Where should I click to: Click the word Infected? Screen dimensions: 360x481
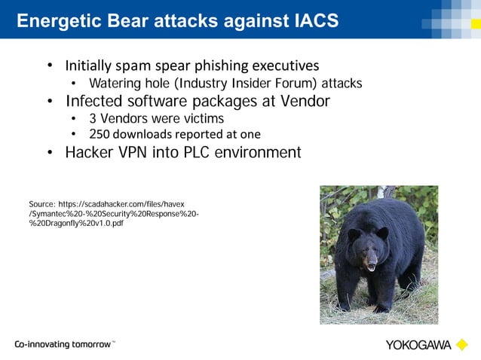coord(93,100)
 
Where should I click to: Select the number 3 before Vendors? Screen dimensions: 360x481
coord(93,118)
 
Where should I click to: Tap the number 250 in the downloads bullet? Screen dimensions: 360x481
coord(100,135)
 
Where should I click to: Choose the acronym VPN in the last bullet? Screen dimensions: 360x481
coord(134,153)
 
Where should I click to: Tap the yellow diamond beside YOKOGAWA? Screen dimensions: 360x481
coord(461,345)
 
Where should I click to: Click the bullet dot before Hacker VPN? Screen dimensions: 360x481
coord(50,154)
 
